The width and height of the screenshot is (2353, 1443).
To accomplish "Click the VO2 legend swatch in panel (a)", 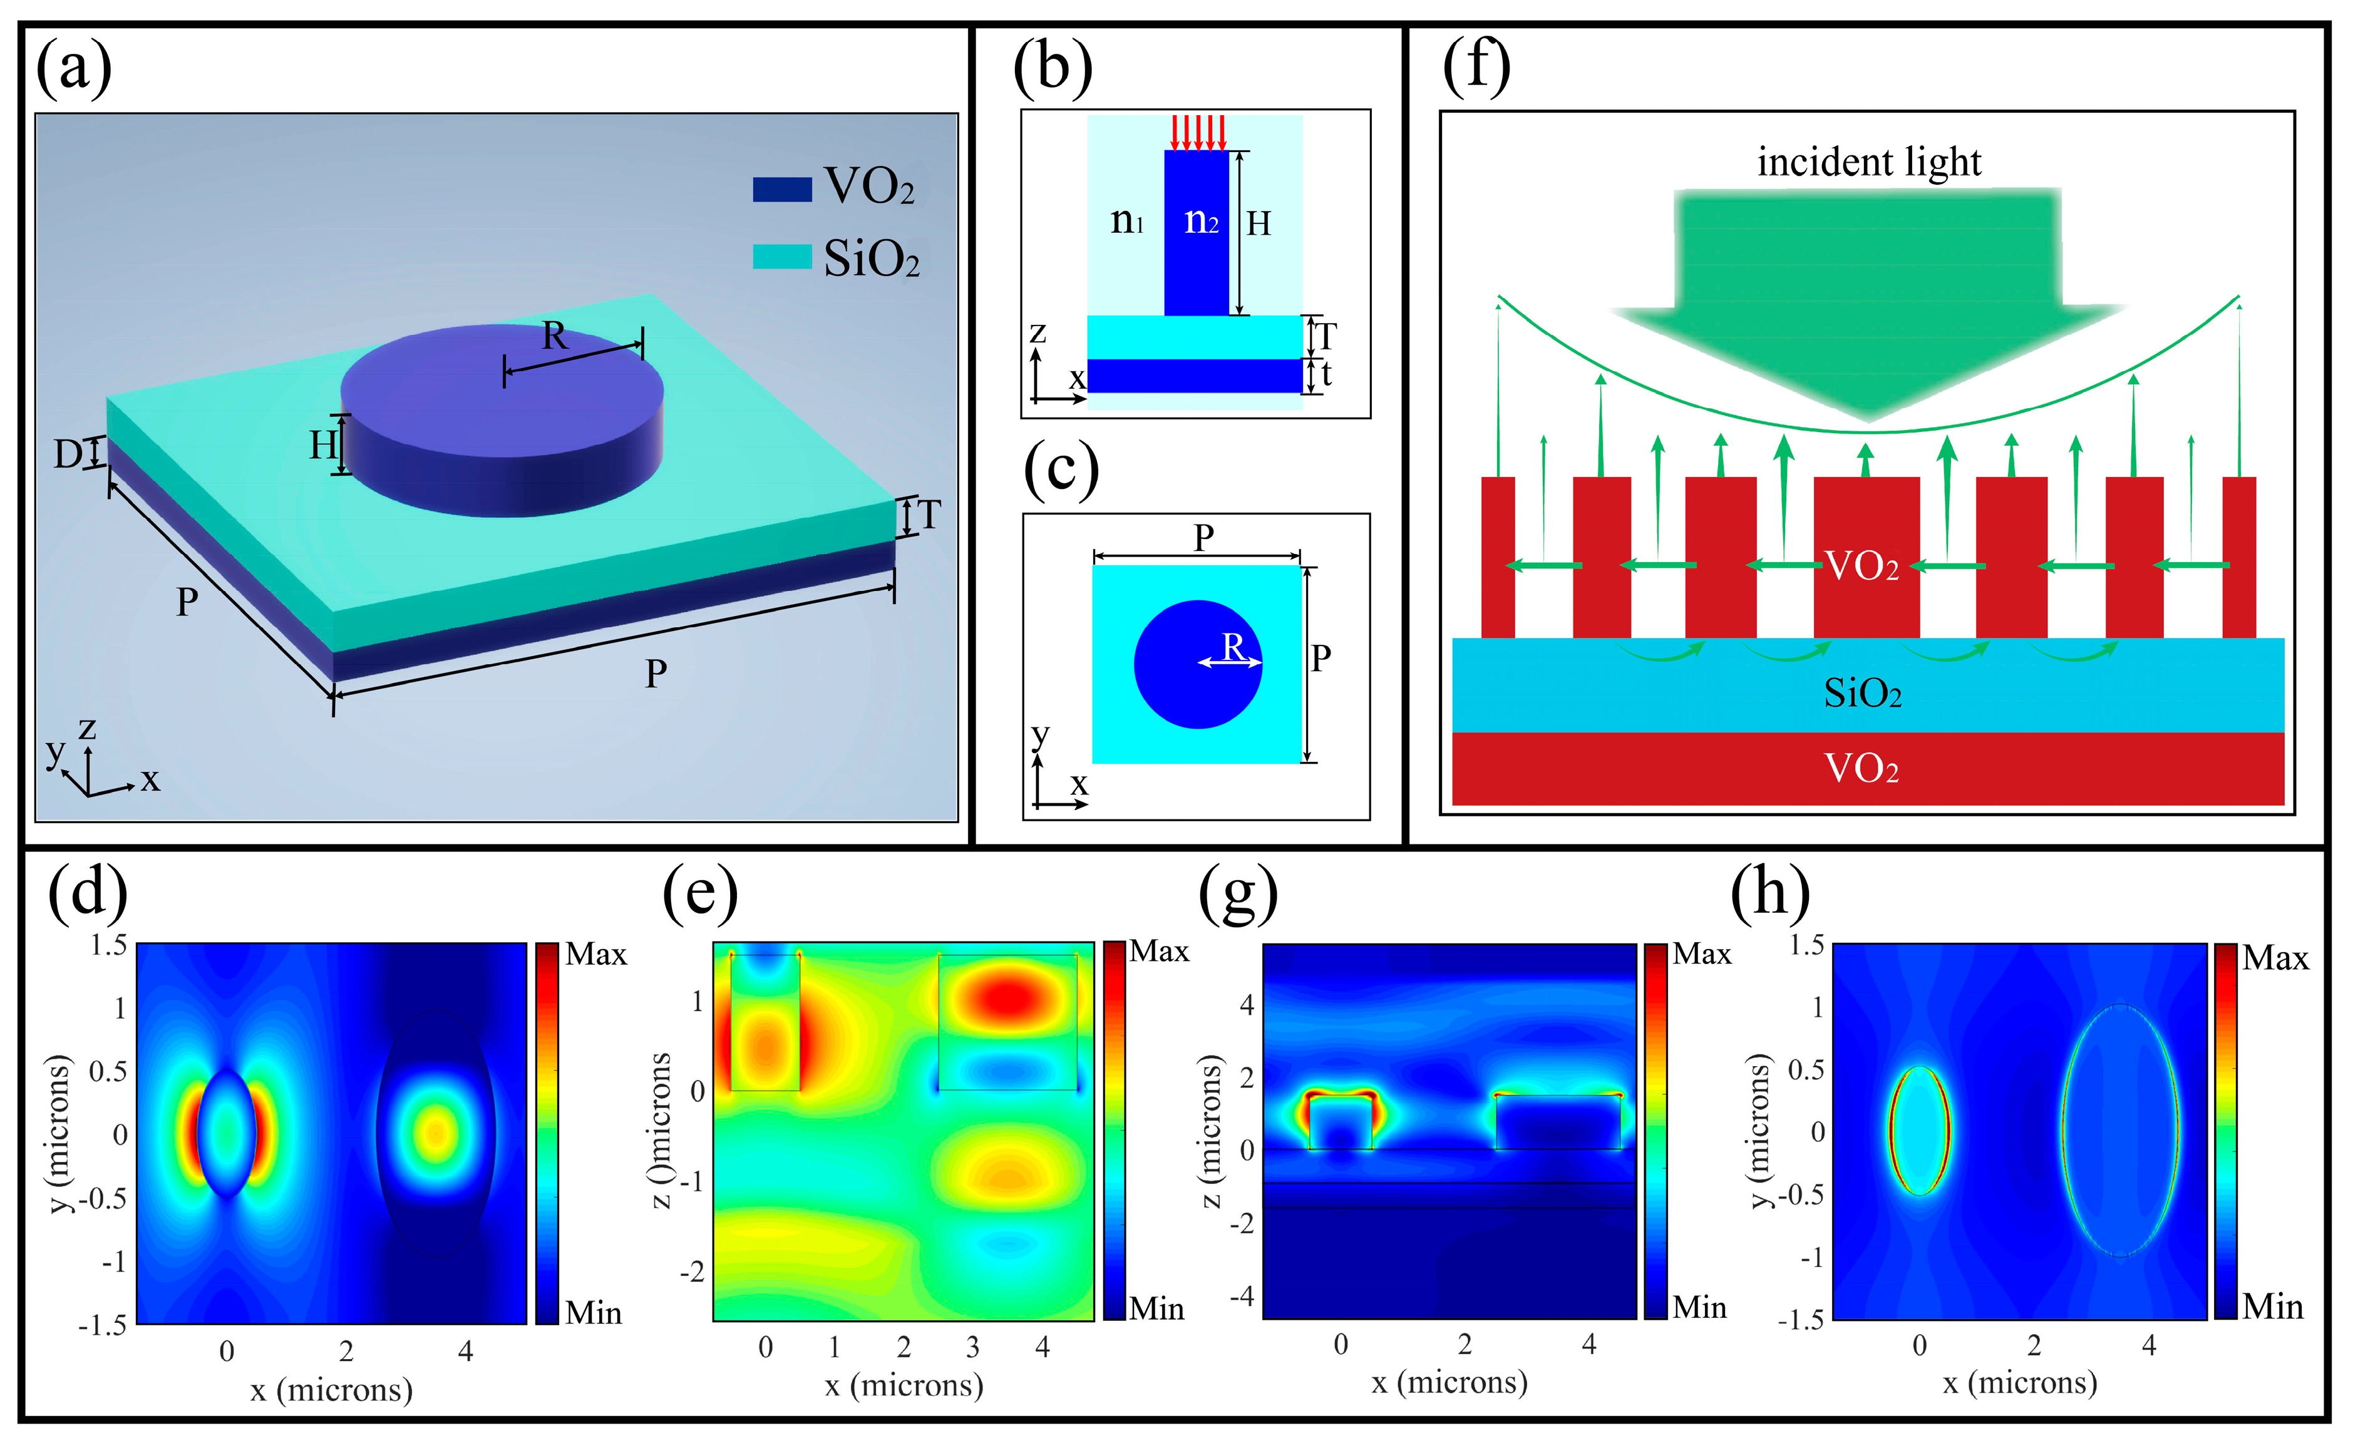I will pos(781,189).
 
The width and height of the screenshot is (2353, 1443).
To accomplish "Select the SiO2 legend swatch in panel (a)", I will pos(781,256).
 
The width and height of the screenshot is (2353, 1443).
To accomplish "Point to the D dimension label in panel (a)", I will pos(67,454).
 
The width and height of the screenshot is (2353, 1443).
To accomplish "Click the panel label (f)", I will pos(1476,67).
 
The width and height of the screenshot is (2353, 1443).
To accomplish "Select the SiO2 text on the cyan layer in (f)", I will pos(1862,693).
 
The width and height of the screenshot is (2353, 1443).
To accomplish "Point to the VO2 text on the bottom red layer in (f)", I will pos(1862,768).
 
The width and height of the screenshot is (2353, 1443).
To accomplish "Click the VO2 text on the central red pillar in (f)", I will pos(1862,565).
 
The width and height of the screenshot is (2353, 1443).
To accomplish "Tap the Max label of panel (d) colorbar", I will pos(596,954).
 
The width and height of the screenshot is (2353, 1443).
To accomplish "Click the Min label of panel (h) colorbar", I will pos(2273,1307).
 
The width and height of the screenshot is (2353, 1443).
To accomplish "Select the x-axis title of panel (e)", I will pos(904,1385).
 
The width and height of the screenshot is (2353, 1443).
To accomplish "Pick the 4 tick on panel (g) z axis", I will pos(1246,1005).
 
